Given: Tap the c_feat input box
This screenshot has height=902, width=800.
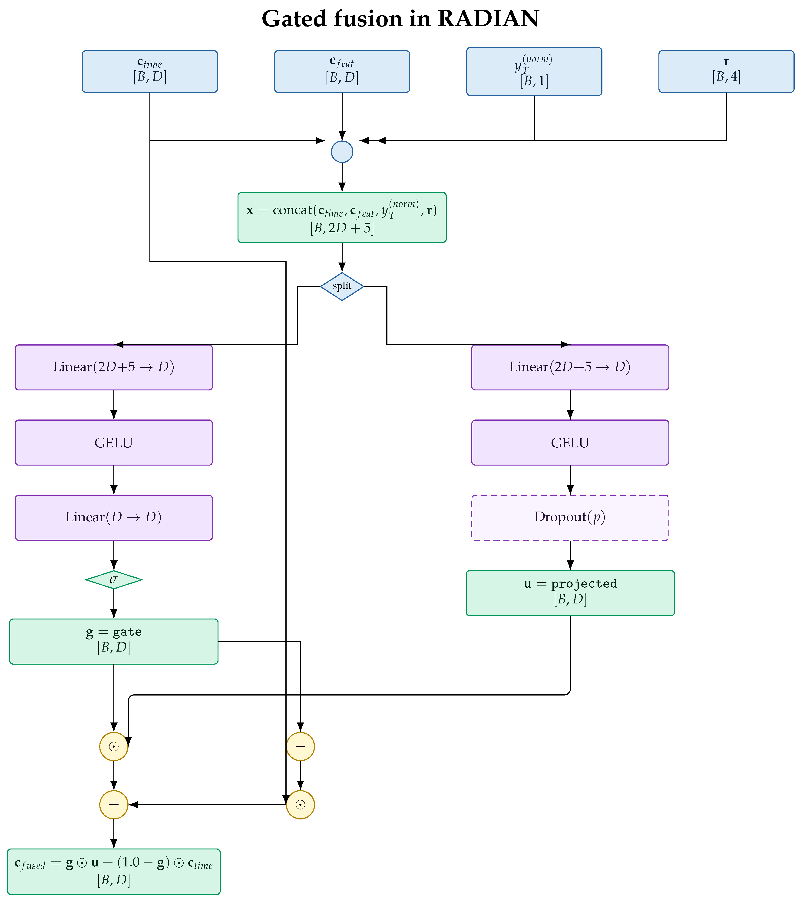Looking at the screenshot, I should click(342, 71).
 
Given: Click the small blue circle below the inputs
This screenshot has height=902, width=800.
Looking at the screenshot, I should click(342, 152).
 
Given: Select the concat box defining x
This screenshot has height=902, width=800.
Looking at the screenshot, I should click(342, 218).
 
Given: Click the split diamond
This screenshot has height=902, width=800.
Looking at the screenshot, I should click(342, 286).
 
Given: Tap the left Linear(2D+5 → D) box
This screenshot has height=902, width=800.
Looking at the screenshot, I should click(114, 367).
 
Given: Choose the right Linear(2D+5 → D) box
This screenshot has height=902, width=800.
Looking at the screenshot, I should click(570, 367).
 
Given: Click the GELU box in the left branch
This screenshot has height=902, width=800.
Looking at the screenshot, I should click(114, 443).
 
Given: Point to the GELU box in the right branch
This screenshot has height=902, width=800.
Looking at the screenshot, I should click(570, 443).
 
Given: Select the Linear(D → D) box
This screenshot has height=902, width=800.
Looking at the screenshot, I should click(114, 518).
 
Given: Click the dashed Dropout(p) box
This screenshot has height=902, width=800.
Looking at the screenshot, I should click(570, 518).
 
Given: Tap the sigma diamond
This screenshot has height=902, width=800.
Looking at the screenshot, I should click(114, 580).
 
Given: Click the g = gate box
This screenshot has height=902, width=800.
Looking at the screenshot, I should click(114, 641).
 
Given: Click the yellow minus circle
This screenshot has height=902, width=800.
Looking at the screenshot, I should click(300, 747).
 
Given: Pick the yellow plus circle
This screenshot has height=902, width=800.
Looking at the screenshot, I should click(114, 805).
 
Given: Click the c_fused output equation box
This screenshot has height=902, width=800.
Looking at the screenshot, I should click(114, 872).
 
